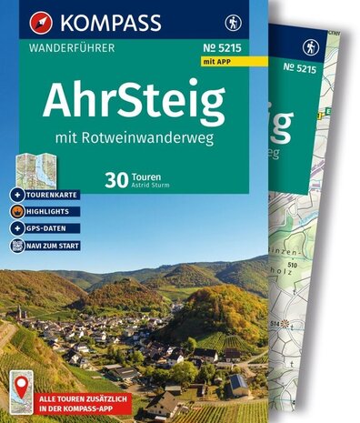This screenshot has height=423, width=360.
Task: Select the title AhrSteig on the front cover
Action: coord(134,106)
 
